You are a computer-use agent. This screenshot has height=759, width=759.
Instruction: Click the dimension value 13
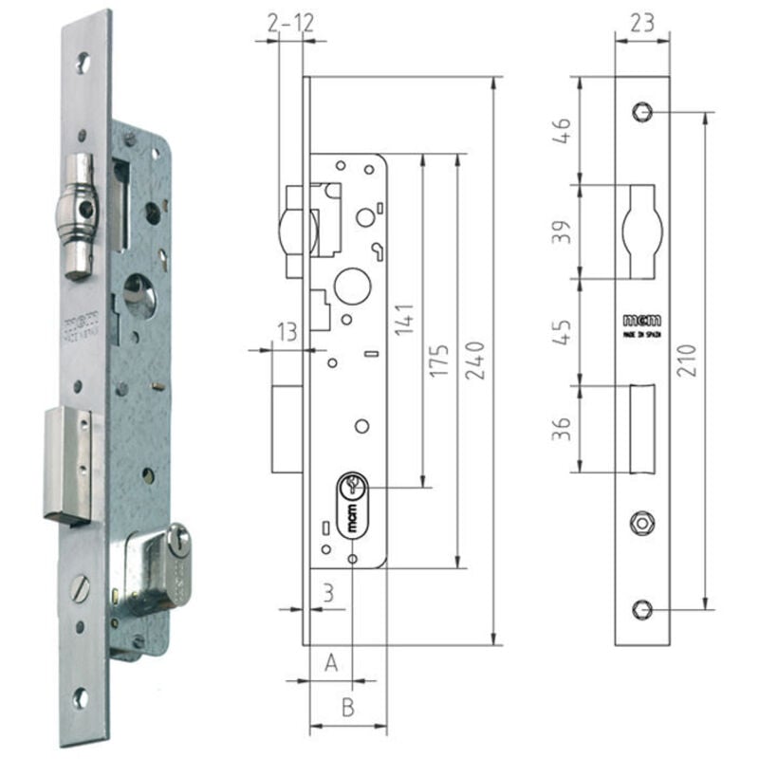click(286, 331)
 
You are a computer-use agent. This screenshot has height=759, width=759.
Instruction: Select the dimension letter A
click(331, 662)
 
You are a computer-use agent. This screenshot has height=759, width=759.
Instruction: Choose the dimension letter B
click(347, 708)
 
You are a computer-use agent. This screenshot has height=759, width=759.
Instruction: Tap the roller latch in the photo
click(80, 216)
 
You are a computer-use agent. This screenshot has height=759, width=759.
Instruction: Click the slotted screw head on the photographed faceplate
click(81, 589)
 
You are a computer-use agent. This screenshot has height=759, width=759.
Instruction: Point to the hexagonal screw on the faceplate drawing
click(640, 520)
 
